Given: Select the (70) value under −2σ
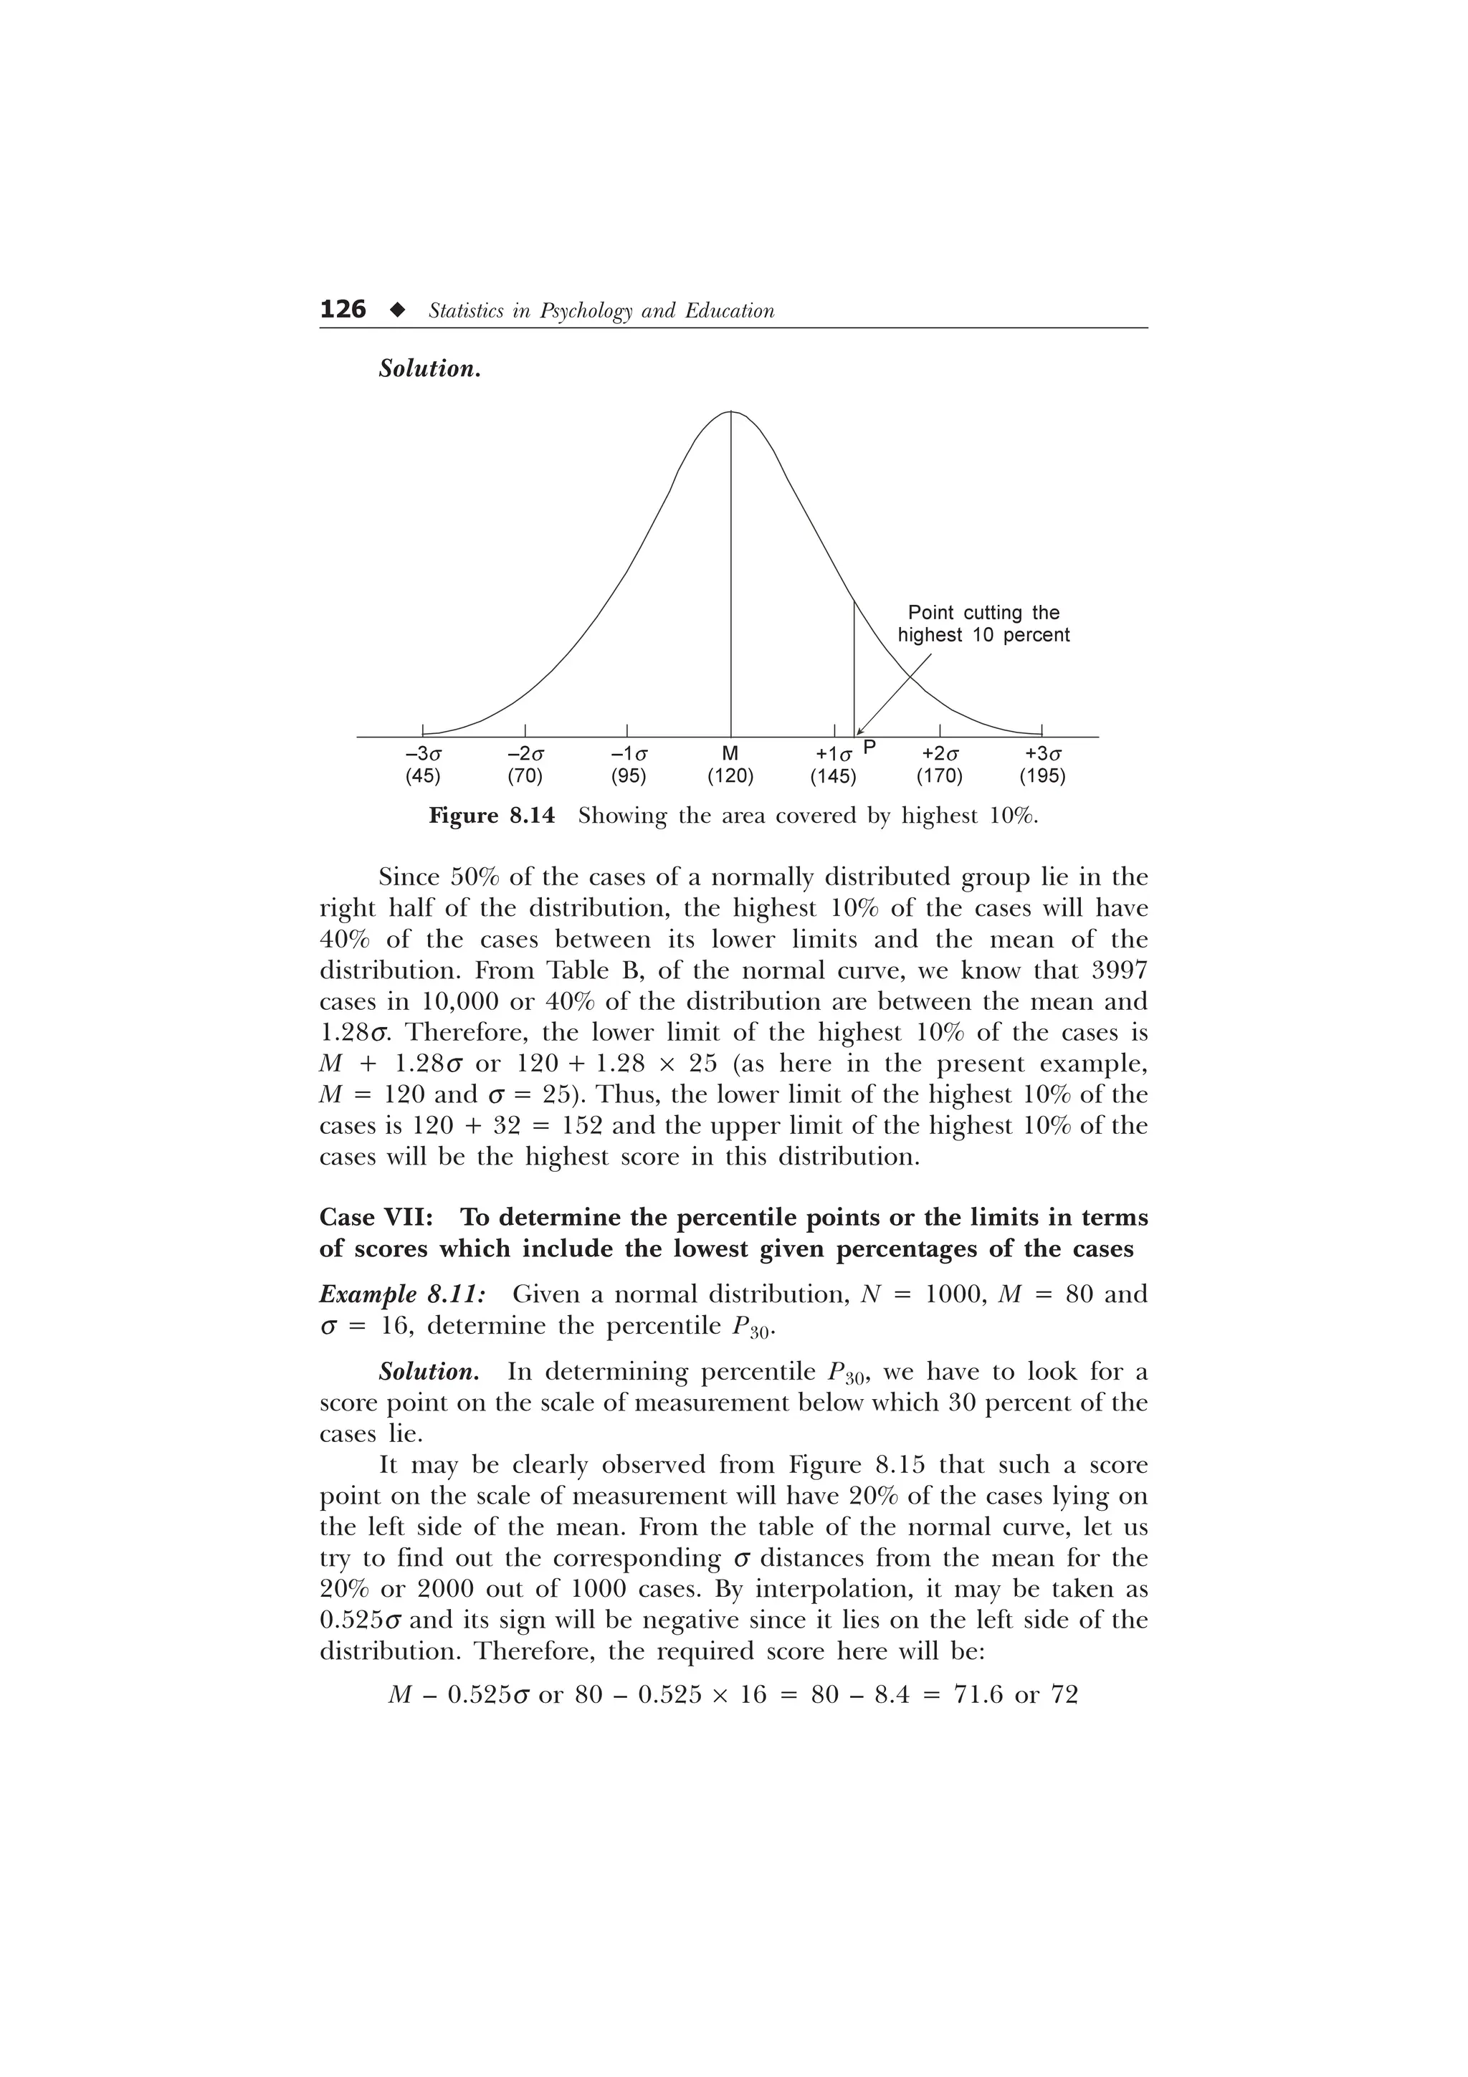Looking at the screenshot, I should point(525,776).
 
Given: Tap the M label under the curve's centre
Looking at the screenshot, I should point(731,753).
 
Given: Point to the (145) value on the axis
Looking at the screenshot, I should point(833,776).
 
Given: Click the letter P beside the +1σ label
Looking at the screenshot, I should point(869,748).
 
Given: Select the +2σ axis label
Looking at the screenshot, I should point(940,753).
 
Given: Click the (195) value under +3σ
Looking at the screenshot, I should point(1042,776).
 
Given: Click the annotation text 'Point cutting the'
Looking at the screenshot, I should point(983,613).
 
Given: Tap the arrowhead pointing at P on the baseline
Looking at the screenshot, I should point(860,732).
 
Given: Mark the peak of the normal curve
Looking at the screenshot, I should point(731,411).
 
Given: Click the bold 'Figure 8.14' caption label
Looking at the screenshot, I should point(490,816).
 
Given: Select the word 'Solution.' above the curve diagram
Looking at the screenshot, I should point(429,369).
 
